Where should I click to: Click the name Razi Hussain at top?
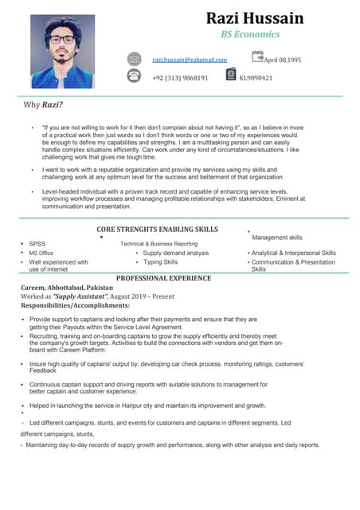click(254, 18)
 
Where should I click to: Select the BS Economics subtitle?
click(249, 35)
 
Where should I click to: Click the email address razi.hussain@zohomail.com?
click(190, 60)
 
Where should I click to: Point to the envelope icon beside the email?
click(135, 59)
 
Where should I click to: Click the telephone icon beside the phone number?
click(135, 76)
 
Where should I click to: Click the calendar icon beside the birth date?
click(257, 57)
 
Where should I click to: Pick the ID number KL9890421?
click(256, 78)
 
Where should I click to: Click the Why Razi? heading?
click(44, 105)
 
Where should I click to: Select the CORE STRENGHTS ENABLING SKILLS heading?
click(151, 229)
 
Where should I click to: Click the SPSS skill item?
click(37, 244)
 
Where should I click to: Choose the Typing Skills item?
click(160, 261)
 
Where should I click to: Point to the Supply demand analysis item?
click(175, 253)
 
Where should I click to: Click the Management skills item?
click(276, 237)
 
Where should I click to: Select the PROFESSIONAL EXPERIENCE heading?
click(163, 278)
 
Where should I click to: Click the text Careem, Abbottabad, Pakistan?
click(67, 287)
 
